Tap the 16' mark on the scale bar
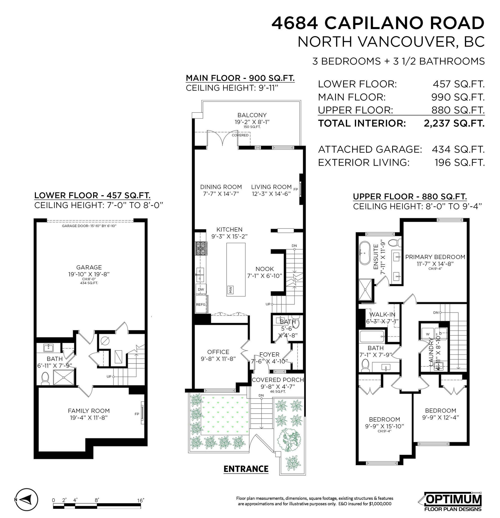(140, 500)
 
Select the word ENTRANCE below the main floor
(246, 469)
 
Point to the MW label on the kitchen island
(230, 290)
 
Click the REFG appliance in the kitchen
(201, 304)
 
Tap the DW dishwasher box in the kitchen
(201, 289)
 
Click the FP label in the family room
(137, 414)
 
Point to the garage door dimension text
(89, 226)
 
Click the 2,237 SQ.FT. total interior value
(454, 123)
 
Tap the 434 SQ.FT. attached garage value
(458, 150)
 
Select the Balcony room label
(252, 115)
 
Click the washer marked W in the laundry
(428, 334)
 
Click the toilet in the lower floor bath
(45, 378)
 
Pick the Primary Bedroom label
(435, 257)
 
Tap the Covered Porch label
(278, 380)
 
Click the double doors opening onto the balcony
(223, 138)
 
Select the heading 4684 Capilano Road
(378, 23)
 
